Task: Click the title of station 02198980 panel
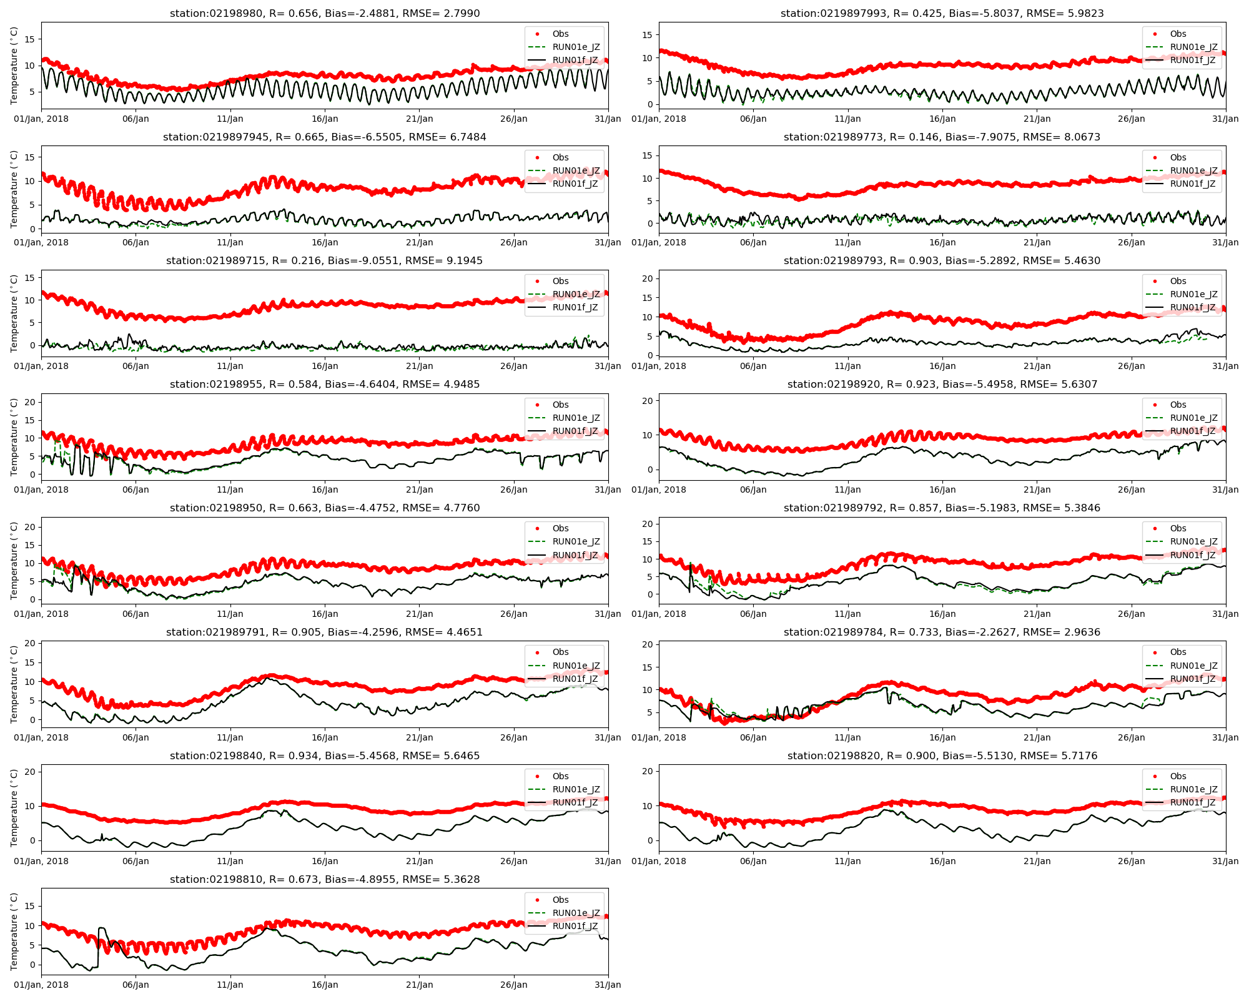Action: coord(325,13)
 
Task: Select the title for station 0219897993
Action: coord(942,13)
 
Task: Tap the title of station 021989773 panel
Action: coord(942,137)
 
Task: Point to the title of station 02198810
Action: coord(325,879)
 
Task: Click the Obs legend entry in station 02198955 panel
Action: coord(560,405)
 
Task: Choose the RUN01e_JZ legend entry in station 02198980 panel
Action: coord(576,47)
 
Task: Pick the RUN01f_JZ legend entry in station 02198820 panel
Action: coord(1193,802)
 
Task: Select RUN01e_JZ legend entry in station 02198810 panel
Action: coord(576,913)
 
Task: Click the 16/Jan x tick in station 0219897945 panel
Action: coord(325,242)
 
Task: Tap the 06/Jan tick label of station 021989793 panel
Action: coord(753,366)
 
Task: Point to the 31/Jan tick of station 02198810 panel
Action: coord(608,985)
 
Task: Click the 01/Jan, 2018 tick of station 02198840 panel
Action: coord(41,861)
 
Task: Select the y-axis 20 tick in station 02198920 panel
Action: coord(648,400)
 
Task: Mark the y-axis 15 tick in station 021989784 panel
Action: coord(648,667)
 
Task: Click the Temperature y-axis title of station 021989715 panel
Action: coord(15,313)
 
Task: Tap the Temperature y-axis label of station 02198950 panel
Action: coord(15,561)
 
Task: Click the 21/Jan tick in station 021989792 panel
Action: coord(1037,614)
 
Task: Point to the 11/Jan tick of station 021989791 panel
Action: coord(230,737)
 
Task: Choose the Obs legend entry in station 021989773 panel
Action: coord(1178,157)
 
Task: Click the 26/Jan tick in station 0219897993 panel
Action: coord(1131,119)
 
